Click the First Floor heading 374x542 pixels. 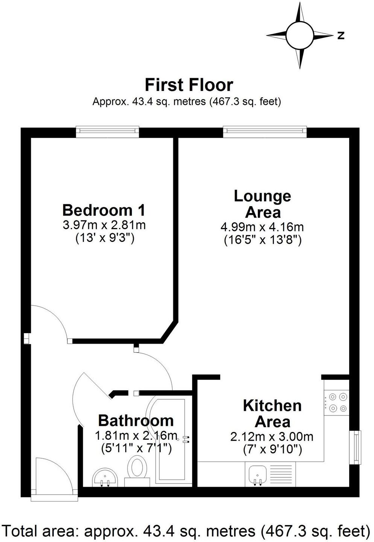coord(189,85)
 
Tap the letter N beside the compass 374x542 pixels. coord(341,36)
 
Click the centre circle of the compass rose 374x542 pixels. coord(300,35)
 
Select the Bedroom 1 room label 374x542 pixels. coord(104,210)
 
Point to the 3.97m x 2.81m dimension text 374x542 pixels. coord(104,225)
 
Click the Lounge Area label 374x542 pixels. coord(262,204)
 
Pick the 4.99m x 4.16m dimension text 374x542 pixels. coord(262,227)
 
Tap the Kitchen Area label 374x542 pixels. coord(272,414)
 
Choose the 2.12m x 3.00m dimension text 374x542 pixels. coord(272,436)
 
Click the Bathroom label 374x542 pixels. coord(136,420)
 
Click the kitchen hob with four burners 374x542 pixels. coord(337,402)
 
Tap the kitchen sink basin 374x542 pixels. coord(257,474)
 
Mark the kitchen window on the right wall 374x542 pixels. coord(355,447)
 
